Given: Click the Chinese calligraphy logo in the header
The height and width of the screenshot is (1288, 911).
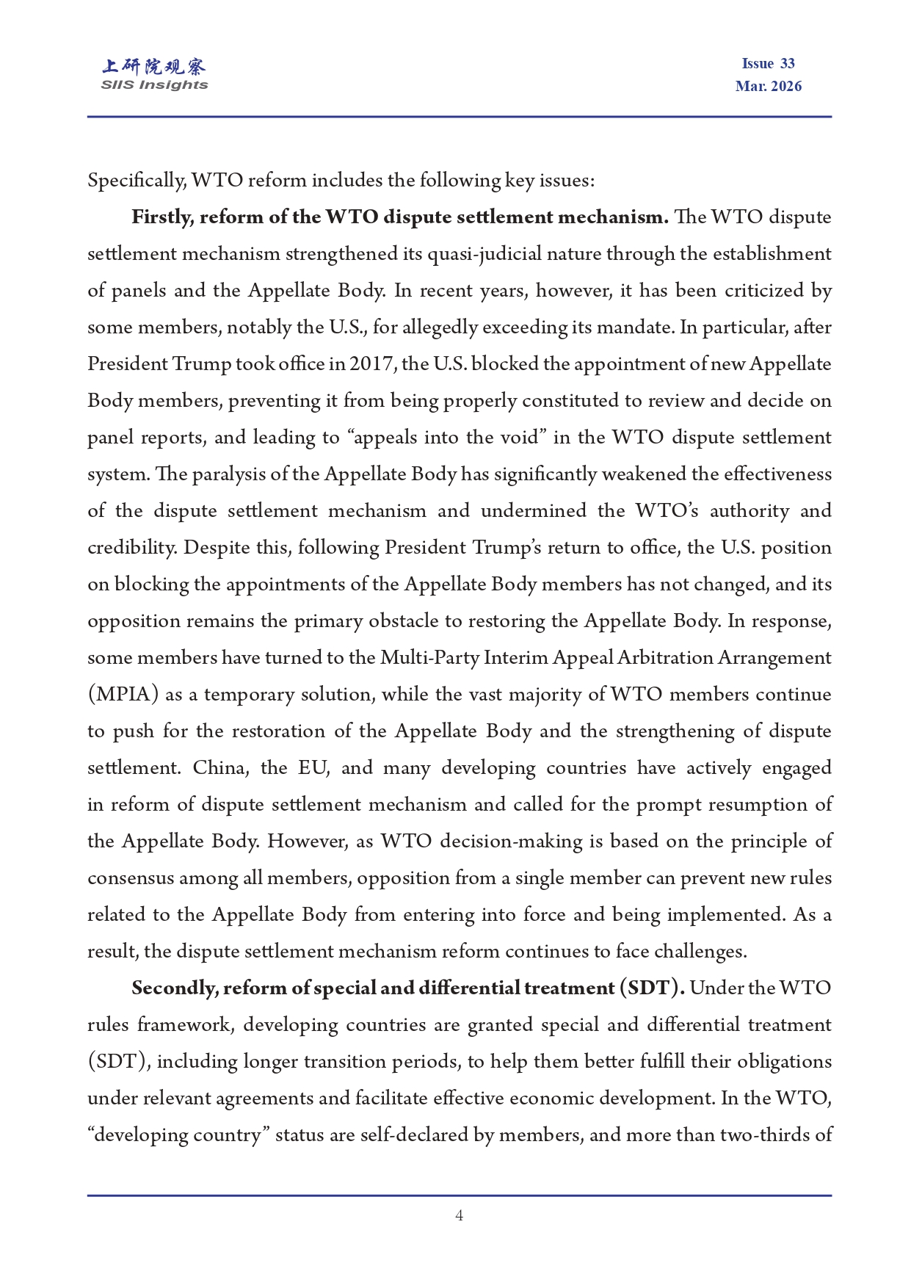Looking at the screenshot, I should pyautogui.click(x=154, y=67).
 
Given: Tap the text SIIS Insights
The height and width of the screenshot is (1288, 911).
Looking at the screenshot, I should pyautogui.click(x=154, y=85).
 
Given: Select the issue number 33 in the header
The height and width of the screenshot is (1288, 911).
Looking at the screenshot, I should pyautogui.click(x=788, y=63).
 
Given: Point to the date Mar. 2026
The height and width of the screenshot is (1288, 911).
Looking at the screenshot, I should pyautogui.click(x=768, y=86).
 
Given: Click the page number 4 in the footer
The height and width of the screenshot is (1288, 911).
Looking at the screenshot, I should pyautogui.click(x=459, y=1215).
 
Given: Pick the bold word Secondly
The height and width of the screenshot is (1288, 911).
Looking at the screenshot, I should pyautogui.click(x=175, y=988).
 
